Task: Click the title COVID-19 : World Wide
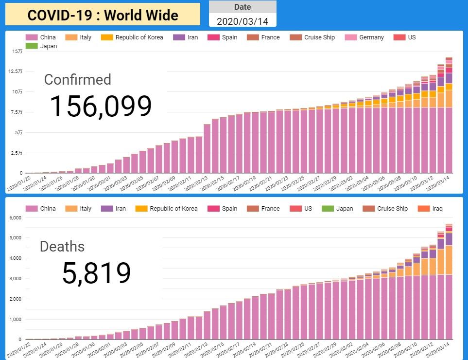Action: pos(103,15)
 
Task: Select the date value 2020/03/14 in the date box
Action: pos(242,21)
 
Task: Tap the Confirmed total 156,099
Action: pos(101,107)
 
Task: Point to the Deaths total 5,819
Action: pos(96,273)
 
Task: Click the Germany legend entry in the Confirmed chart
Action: pos(371,37)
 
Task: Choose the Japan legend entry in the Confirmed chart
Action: pos(48,46)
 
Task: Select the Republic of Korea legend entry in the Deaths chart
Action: pos(173,209)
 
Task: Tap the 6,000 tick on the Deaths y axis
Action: pos(16,217)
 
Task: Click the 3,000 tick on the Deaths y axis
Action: pos(16,279)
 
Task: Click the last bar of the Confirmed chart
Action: pos(449,117)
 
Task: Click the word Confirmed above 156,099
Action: pos(77,80)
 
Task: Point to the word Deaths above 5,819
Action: pos(62,247)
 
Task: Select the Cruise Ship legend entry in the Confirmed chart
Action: pos(319,37)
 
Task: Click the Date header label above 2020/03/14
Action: pos(243,7)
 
